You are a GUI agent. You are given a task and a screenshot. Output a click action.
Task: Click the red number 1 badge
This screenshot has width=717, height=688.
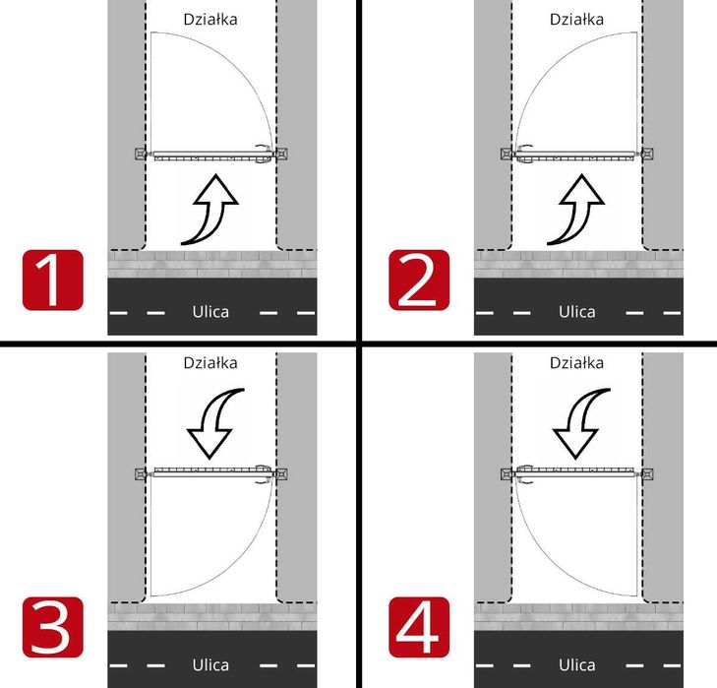tap(52, 281)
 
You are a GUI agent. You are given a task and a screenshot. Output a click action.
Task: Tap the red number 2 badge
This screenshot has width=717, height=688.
tap(419, 281)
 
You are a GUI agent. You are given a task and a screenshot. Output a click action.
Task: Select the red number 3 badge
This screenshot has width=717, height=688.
tap(52, 627)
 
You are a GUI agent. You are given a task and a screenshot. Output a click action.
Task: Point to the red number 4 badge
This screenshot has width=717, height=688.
tap(419, 627)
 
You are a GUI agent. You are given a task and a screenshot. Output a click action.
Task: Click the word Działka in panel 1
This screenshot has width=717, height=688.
tap(210, 20)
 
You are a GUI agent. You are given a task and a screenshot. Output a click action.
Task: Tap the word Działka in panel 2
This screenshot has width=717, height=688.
tap(576, 20)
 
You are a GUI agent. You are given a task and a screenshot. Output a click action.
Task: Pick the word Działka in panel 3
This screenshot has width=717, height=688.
tap(210, 363)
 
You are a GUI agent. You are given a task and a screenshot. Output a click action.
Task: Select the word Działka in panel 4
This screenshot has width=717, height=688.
tap(576, 363)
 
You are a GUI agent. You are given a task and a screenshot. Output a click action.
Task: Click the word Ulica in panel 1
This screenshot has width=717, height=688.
tap(210, 312)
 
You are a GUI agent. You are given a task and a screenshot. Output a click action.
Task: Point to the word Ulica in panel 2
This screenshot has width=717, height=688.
tap(576, 312)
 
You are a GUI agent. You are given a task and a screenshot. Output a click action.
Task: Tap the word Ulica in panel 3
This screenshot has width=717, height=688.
tap(210, 664)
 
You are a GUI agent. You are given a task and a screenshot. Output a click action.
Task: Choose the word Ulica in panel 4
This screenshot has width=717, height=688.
tap(576, 664)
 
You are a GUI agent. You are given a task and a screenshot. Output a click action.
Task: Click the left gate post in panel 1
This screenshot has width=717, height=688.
tap(141, 154)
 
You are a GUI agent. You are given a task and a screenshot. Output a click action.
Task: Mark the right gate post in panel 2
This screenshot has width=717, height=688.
tap(647, 154)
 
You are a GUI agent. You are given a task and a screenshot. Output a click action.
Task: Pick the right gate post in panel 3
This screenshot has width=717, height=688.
tap(281, 473)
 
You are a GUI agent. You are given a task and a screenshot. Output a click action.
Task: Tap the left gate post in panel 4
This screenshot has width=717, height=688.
tap(507, 473)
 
